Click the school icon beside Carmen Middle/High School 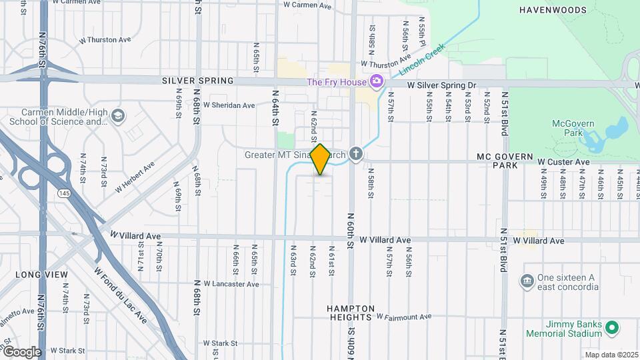(118, 116)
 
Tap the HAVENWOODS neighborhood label (553, 10)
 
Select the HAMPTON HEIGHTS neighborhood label (354, 314)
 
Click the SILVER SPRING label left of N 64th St (198, 81)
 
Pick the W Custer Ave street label (563, 162)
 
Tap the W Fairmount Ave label (404, 317)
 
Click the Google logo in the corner (22, 352)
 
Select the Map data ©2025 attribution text (611, 355)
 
